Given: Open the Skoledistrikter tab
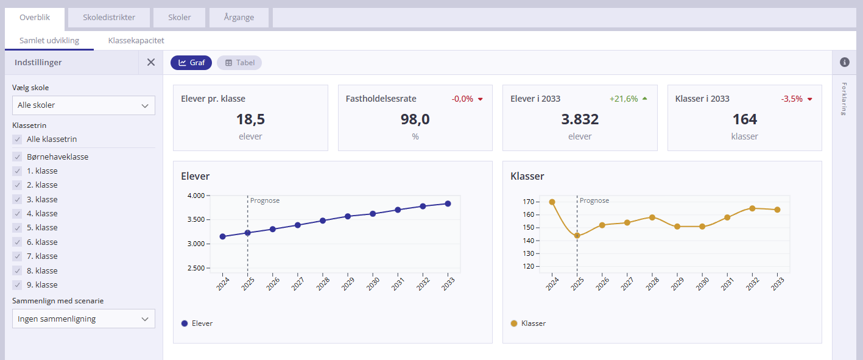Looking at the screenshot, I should point(109,18).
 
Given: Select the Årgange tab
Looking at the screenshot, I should point(239,18).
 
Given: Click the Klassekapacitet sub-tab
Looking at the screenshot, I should point(136,41).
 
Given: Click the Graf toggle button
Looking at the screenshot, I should point(191,63).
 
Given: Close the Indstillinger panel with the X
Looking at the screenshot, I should point(151,62).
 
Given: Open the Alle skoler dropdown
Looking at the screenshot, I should point(83,105).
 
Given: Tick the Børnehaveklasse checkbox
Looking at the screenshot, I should point(17,157).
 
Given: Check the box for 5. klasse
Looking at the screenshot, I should point(17,228).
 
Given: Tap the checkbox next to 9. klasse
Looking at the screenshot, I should point(17,284).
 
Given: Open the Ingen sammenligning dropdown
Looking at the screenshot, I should point(83,319).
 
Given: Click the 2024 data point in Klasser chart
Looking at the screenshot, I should point(552,202).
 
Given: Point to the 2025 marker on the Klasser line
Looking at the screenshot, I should point(577,236).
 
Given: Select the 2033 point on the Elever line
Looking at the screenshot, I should point(448,204).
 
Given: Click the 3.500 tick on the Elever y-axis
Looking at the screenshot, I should point(196,220).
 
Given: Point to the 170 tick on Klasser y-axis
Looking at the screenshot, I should point(527,202).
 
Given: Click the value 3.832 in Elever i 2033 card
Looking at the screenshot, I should point(579,119).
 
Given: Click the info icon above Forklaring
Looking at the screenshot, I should point(844,62).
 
